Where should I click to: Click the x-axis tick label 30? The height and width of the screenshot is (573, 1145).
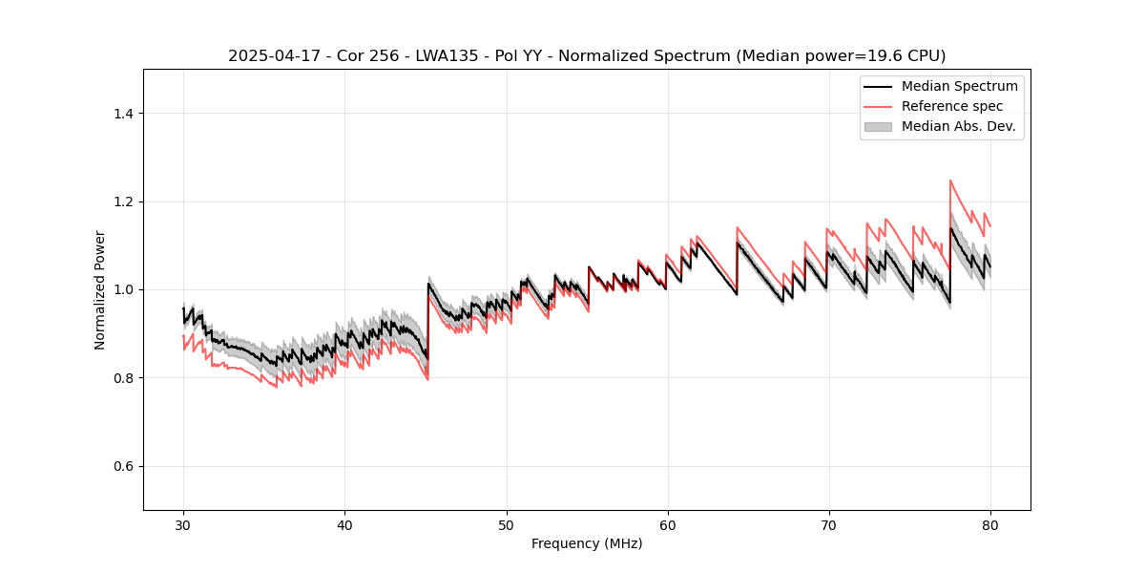(183, 524)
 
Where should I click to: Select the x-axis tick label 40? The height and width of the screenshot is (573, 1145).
(344, 524)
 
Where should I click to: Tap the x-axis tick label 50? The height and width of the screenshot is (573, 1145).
(506, 524)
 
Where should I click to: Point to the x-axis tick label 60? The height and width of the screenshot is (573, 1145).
(667, 524)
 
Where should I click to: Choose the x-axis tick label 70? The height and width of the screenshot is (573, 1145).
(828, 524)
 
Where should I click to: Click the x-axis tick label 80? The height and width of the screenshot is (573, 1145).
(989, 524)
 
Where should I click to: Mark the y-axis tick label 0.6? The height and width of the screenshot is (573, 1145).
(123, 466)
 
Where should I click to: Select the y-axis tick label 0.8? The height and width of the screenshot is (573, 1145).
(123, 378)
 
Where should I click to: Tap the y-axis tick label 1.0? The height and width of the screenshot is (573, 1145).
(123, 289)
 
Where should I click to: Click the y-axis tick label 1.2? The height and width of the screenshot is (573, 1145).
(123, 202)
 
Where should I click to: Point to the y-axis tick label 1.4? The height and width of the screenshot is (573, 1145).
(123, 114)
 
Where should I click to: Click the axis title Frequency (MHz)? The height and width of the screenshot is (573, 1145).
(587, 543)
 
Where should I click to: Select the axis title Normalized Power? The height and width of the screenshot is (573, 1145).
(100, 289)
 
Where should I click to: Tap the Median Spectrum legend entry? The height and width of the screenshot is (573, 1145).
(959, 86)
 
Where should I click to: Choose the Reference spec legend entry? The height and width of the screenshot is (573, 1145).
(951, 106)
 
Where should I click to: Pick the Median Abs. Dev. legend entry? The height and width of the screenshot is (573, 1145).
(958, 126)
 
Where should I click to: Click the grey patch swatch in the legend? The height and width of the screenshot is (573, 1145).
(878, 126)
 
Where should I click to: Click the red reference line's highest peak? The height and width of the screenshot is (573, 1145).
(950, 180)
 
